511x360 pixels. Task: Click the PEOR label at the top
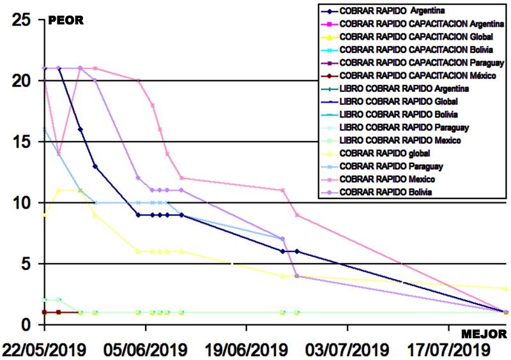66,21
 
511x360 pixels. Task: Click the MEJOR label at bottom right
484,334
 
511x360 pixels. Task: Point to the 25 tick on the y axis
22,20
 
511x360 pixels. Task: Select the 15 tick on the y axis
22,142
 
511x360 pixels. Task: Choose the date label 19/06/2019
246,350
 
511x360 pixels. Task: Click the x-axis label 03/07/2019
347,350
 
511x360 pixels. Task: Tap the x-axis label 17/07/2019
447,350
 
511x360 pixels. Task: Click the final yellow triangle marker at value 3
506,289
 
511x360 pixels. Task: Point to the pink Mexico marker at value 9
297,215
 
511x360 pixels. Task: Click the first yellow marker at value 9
44,215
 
